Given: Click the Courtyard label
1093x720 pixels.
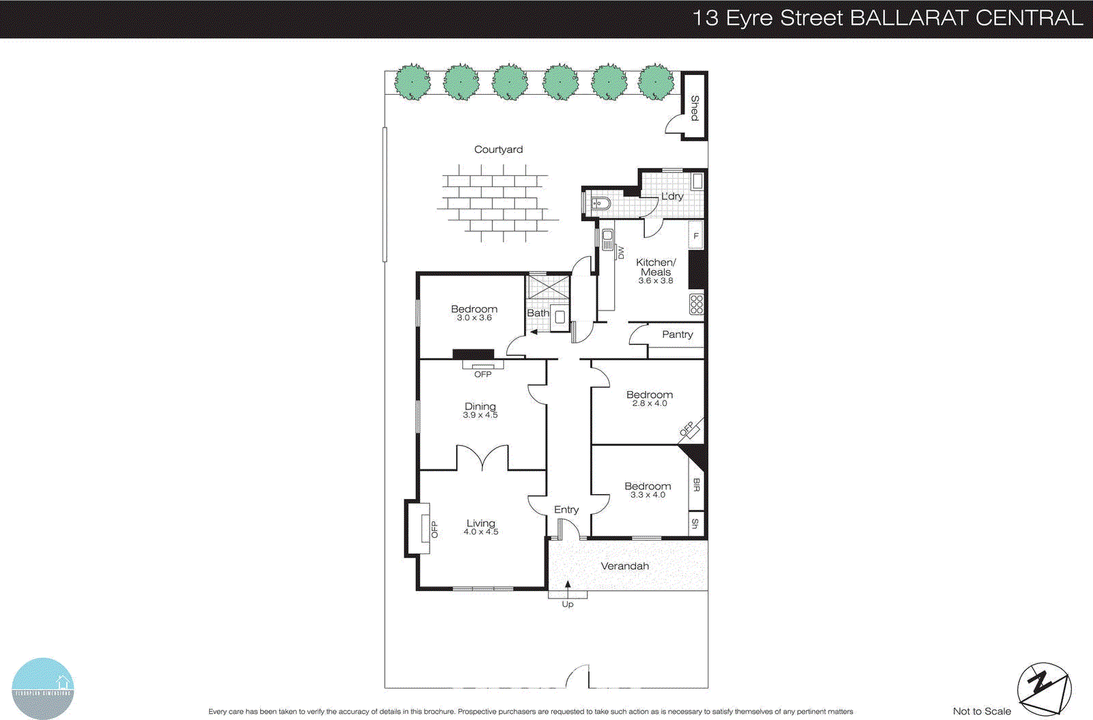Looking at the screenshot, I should (x=498, y=149).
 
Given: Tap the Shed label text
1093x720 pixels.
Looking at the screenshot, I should (x=695, y=108).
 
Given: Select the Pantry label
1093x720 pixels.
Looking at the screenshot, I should (x=677, y=334).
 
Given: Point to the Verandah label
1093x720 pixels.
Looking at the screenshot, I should (x=624, y=566).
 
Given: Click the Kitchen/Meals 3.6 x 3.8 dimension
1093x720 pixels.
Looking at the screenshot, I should (x=655, y=280).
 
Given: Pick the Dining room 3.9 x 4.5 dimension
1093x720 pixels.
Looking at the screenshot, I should (x=480, y=415).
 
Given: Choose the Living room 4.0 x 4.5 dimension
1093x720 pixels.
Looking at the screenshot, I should (x=481, y=532).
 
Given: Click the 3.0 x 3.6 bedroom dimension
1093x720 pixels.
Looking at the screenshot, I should (x=474, y=317).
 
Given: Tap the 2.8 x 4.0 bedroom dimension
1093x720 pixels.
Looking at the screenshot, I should (x=649, y=403).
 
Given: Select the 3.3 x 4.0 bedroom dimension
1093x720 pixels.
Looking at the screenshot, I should (x=648, y=495).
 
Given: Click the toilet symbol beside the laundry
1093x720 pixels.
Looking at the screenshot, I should (x=600, y=203).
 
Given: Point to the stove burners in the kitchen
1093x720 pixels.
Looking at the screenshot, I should (x=696, y=304).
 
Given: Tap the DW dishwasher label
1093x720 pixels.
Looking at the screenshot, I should (x=620, y=253).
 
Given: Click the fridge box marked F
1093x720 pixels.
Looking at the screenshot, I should (x=696, y=236).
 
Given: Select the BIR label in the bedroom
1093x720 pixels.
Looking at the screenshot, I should (x=696, y=485).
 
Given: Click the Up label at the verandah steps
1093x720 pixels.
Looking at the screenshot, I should (x=568, y=604).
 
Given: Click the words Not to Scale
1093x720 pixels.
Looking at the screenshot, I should (x=982, y=711).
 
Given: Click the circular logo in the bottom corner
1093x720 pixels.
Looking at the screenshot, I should (x=42, y=688).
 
